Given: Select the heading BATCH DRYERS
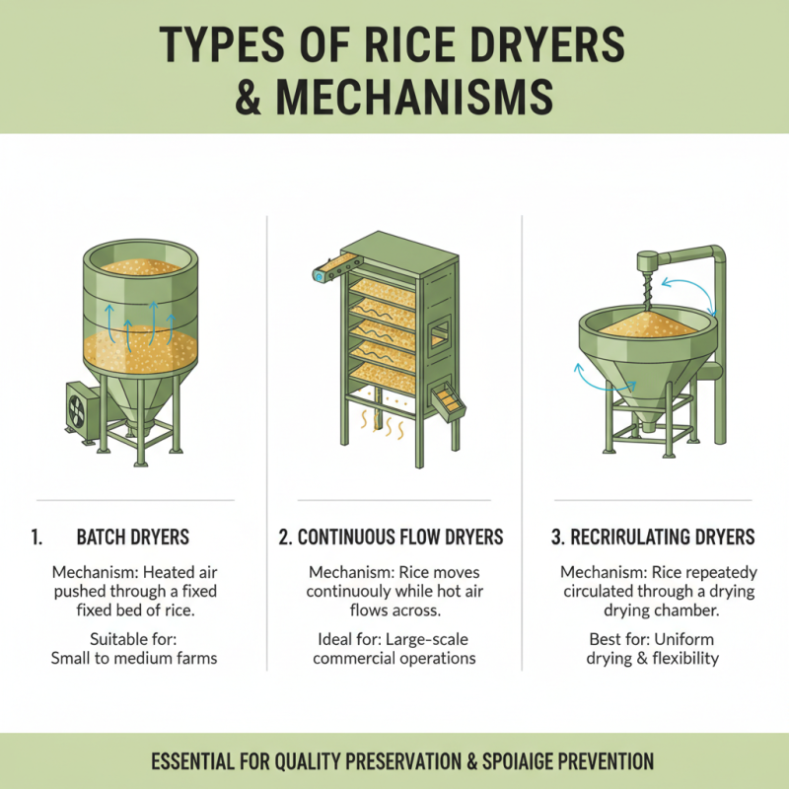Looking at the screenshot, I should (x=133, y=538).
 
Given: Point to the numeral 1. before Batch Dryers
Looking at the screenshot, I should (x=36, y=538).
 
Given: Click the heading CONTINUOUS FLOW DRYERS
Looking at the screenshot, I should (x=391, y=538).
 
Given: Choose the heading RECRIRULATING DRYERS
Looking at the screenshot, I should (x=653, y=538).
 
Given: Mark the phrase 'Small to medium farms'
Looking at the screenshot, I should (x=133, y=658).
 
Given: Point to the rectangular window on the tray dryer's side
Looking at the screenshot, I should (x=440, y=332).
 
